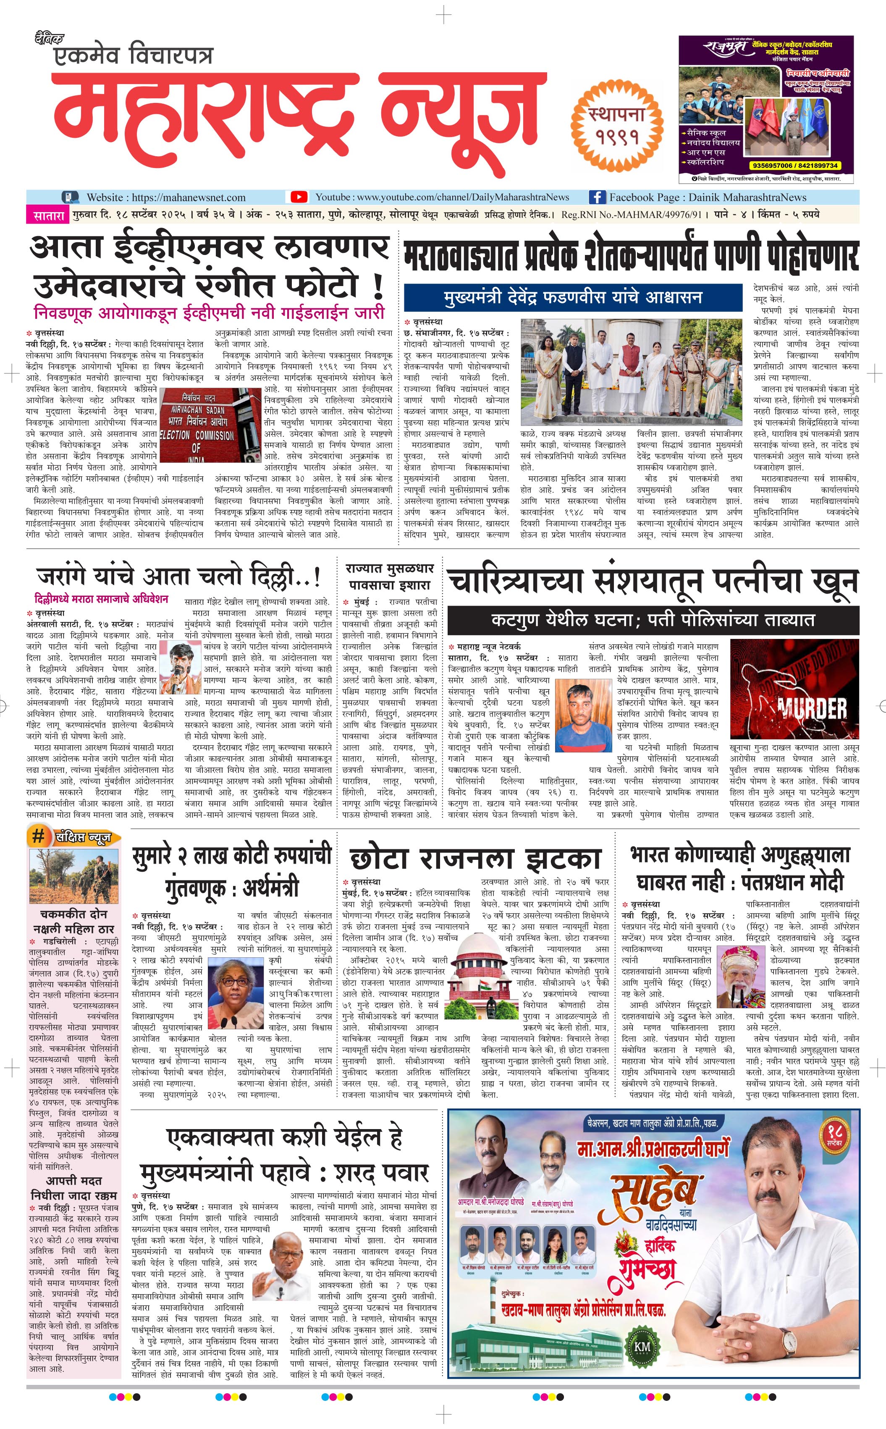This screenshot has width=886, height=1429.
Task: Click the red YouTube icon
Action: click(x=299, y=197)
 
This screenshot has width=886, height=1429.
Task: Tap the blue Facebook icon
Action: click(x=597, y=197)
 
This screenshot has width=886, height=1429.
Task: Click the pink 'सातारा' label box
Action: click(x=48, y=215)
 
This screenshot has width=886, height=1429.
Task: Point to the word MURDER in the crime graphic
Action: click(x=812, y=709)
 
